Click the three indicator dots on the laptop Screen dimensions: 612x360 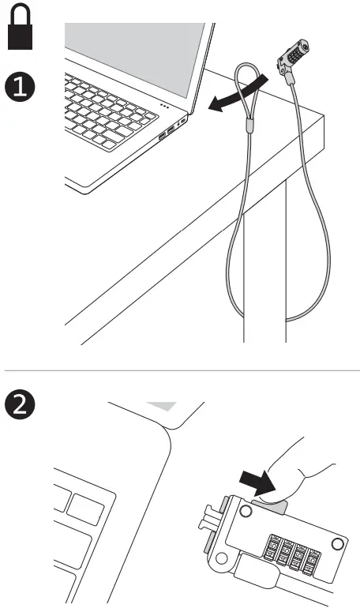[164, 104]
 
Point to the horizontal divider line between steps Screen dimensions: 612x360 [180, 369]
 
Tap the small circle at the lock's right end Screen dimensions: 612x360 [339, 543]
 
